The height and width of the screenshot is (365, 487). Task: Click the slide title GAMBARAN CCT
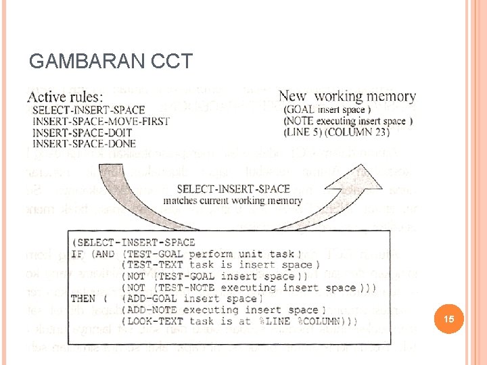111,62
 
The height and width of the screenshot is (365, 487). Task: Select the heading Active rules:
65,97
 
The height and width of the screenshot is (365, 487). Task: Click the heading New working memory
347,97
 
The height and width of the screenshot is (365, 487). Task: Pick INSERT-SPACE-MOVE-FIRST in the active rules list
101,122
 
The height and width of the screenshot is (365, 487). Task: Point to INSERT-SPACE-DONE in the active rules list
84,143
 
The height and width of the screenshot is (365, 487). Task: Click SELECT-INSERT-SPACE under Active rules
89,110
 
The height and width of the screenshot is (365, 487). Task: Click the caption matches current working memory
231,200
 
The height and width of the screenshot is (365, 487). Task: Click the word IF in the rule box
78,253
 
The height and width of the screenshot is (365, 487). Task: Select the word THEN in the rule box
84,298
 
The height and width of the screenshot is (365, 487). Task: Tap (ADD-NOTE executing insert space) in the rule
220,310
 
